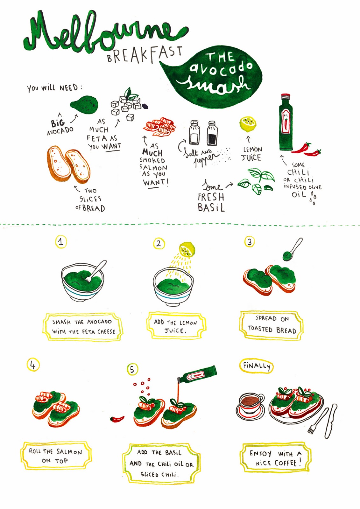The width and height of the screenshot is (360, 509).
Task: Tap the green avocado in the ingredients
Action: (x=84, y=105)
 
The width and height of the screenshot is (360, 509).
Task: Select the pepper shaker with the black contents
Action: (x=212, y=133)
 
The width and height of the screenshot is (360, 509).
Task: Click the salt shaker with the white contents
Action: (x=194, y=132)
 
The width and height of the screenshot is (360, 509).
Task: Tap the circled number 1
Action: (x=61, y=242)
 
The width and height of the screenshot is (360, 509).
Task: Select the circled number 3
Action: (x=250, y=242)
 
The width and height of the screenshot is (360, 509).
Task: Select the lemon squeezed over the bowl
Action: (x=187, y=249)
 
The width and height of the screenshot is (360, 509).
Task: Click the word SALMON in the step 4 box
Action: (x=69, y=452)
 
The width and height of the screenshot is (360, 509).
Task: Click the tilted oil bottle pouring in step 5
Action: (x=197, y=374)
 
